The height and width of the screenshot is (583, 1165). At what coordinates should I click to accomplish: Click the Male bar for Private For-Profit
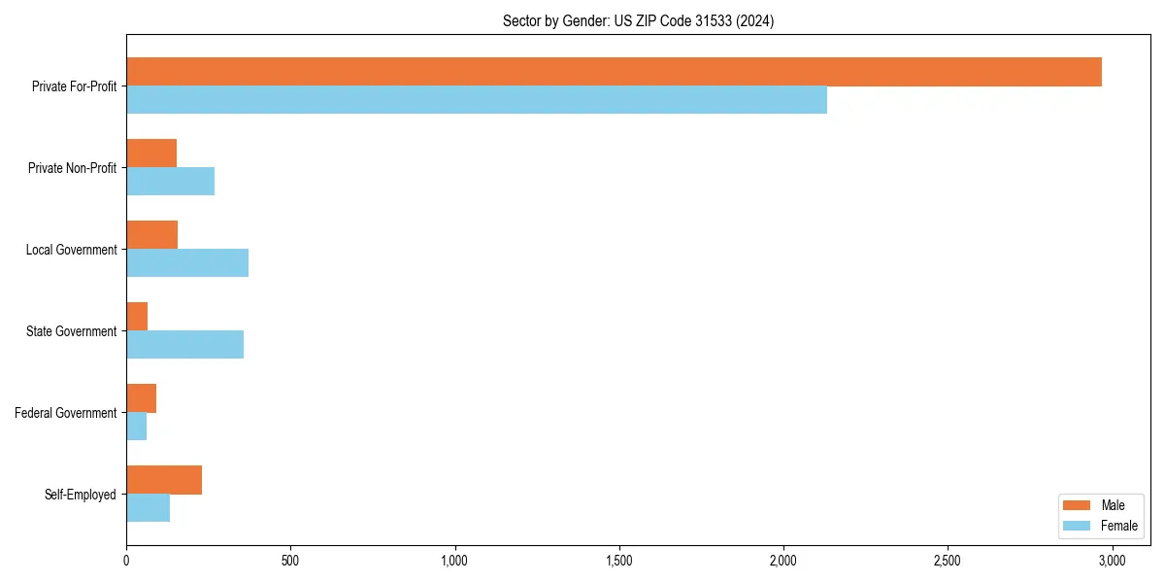tap(614, 72)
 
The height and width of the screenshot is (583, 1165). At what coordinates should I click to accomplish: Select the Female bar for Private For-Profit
tap(476, 99)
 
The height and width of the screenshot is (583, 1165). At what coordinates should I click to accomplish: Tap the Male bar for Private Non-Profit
tap(151, 154)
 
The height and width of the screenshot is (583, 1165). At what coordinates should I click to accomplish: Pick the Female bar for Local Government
tap(187, 262)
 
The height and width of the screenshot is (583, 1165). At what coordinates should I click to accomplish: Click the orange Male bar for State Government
tap(137, 317)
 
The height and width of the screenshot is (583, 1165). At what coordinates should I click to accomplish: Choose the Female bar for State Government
tap(184, 344)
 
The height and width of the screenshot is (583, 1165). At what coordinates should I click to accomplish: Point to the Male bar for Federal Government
tap(141, 398)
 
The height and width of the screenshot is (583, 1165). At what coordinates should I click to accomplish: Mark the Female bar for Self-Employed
tap(148, 507)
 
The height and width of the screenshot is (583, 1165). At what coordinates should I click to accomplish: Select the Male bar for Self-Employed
tap(164, 480)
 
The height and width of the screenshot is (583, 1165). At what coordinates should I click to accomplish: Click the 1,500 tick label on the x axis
tap(618, 561)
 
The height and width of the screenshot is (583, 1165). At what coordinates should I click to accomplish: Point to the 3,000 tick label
tap(1112, 561)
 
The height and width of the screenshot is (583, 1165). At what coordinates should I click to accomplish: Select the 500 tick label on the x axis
tap(290, 561)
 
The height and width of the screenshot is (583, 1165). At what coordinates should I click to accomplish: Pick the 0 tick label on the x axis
tap(126, 561)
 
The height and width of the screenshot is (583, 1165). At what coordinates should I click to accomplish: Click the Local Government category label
tap(71, 250)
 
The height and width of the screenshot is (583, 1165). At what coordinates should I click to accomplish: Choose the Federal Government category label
tap(66, 413)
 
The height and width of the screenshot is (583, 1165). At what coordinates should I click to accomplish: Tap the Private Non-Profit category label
tap(72, 168)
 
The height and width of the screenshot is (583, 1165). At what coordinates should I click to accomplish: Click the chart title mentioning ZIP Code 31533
tap(638, 20)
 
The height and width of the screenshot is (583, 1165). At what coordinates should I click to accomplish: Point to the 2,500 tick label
tap(947, 561)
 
